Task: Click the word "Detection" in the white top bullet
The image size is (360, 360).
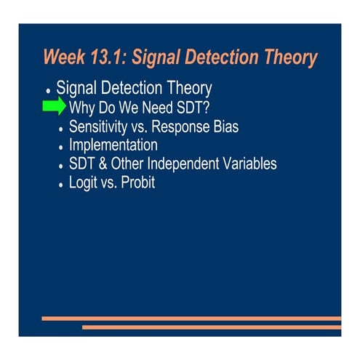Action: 135,89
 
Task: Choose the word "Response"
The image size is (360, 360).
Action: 177,127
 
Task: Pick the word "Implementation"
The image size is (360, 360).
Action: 113,145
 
